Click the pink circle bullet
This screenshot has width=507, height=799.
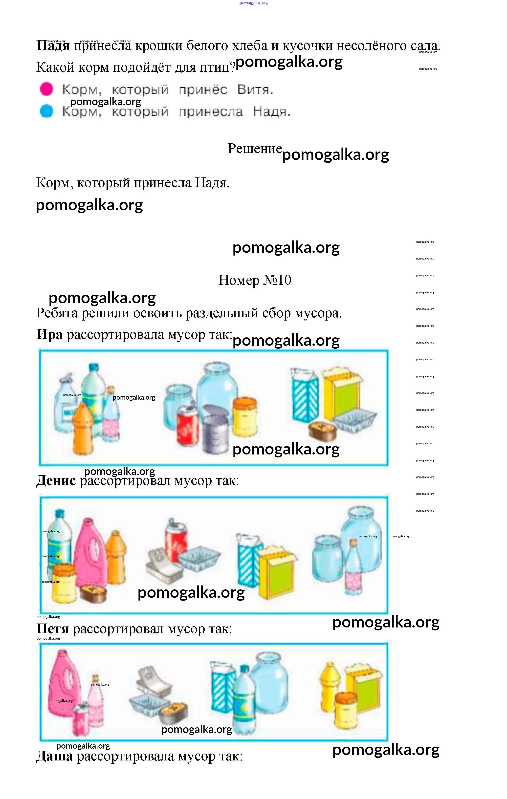pyautogui.click(x=46, y=89)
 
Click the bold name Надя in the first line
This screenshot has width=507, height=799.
pyautogui.click(x=53, y=45)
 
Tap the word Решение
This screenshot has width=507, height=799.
pyautogui.click(x=255, y=148)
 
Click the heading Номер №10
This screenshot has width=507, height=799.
pyautogui.click(x=255, y=280)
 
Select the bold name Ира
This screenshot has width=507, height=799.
pyautogui.click(x=49, y=334)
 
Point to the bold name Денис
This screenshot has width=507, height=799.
pyautogui.click(x=56, y=480)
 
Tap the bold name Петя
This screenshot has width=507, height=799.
pyautogui.click(x=53, y=628)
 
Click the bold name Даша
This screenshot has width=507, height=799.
pyautogui.click(x=54, y=756)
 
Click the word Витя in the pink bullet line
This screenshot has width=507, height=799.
pyautogui.click(x=255, y=89)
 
